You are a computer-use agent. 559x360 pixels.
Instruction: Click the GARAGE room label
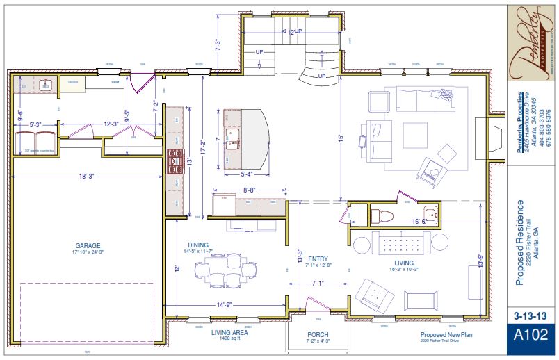tap(88, 245)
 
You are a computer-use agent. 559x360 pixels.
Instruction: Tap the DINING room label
tap(198, 245)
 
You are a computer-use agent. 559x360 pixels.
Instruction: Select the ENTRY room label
tap(318, 258)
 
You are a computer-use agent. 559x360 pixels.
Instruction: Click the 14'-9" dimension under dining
tap(224, 304)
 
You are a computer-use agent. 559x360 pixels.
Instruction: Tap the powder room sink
tap(431, 215)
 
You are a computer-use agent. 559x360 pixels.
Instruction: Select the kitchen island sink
tap(232, 134)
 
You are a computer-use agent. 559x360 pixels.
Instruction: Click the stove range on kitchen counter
tap(173, 165)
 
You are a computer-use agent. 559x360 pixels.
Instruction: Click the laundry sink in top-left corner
tap(47, 85)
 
